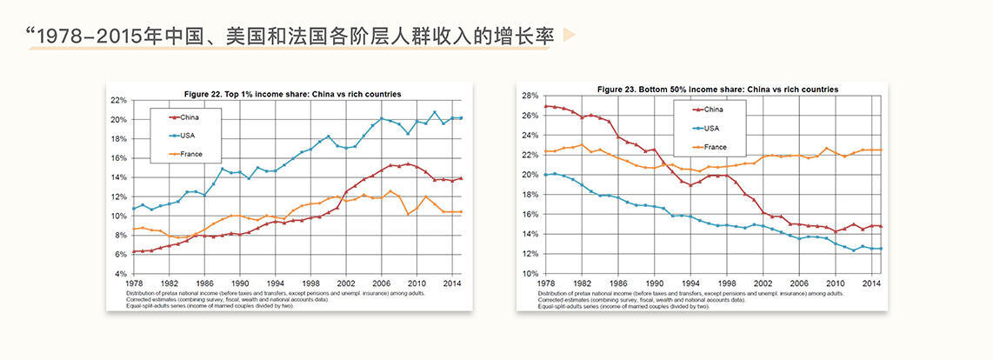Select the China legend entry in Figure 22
point(190,117)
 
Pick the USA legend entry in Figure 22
point(189,135)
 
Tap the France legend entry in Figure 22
point(191,154)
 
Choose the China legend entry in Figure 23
point(713,110)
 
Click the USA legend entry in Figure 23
point(711,128)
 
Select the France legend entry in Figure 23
point(715,147)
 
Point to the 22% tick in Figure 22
point(119,100)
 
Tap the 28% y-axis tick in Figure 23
point(530,95)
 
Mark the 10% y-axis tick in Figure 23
point(530,274)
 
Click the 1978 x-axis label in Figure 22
point(134,283)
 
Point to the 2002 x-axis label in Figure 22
point(347,283)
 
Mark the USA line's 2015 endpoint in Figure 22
point(461,117)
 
